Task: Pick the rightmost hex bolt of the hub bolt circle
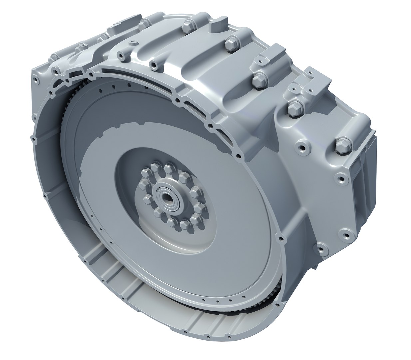199,209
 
